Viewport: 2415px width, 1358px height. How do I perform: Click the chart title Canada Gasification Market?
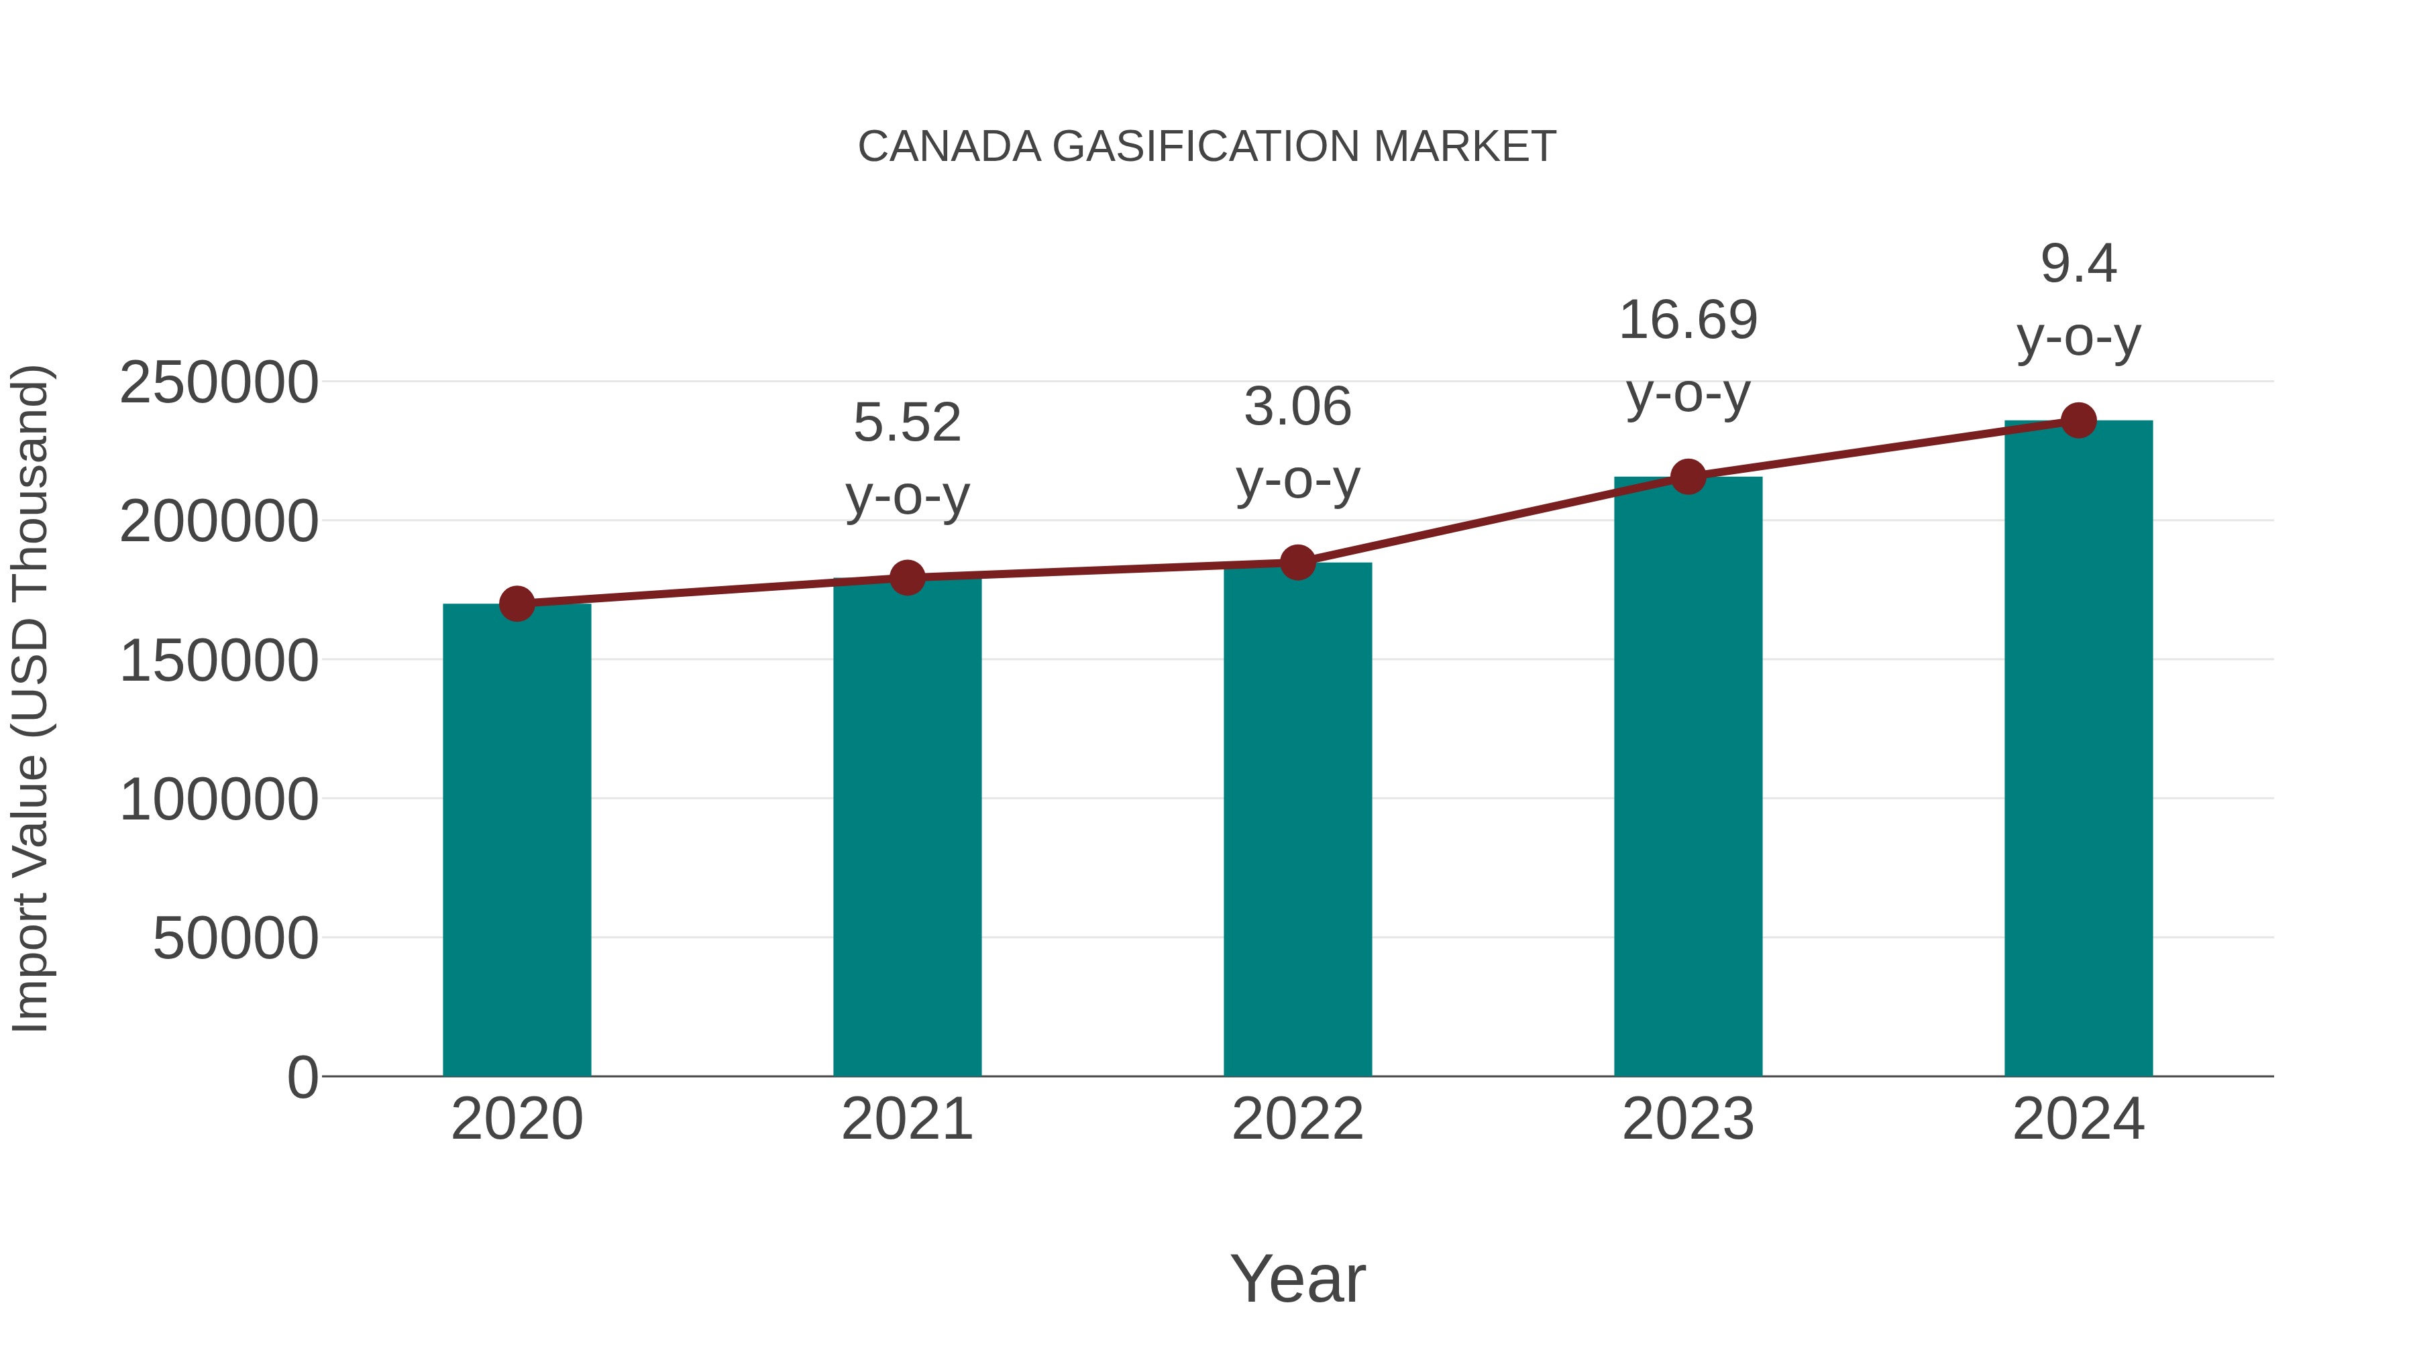click(x=1207, y=147)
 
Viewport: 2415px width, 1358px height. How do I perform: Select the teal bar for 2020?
click(x=517, y=844)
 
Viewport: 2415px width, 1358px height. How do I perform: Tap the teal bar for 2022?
click(x=1297, y=825)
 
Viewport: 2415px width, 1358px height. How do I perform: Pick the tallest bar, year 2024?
click(x=2078, y=750)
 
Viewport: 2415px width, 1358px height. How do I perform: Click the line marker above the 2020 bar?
click(x=517, y=604)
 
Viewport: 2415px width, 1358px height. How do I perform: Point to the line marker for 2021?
click(x=906, y=577)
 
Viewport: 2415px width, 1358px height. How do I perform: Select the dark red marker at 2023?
click(x=1688, y=477)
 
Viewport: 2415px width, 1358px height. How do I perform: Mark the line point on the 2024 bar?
click(x=2078, y=420)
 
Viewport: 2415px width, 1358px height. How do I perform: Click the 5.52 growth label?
click(x=906, y=422)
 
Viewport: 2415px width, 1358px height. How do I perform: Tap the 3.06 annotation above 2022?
click(x=1297, y=408)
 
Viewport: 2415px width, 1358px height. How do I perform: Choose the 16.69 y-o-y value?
click(x=1688, y=321)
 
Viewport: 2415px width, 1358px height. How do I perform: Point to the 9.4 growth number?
click(x=2078, y=264)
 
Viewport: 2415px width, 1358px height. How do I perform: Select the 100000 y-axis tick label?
click(x=219, y=799)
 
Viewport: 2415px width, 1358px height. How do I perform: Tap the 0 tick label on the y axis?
click(x=302, y=1077)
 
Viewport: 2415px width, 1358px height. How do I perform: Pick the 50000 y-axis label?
click(x=235, y=938)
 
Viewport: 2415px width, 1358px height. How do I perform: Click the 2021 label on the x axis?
click(x=906, y=1119)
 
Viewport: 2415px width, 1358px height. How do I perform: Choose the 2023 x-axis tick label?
click(x=1688, y=1119)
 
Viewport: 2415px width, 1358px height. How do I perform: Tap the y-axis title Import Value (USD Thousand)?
click(x=30, y=698)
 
